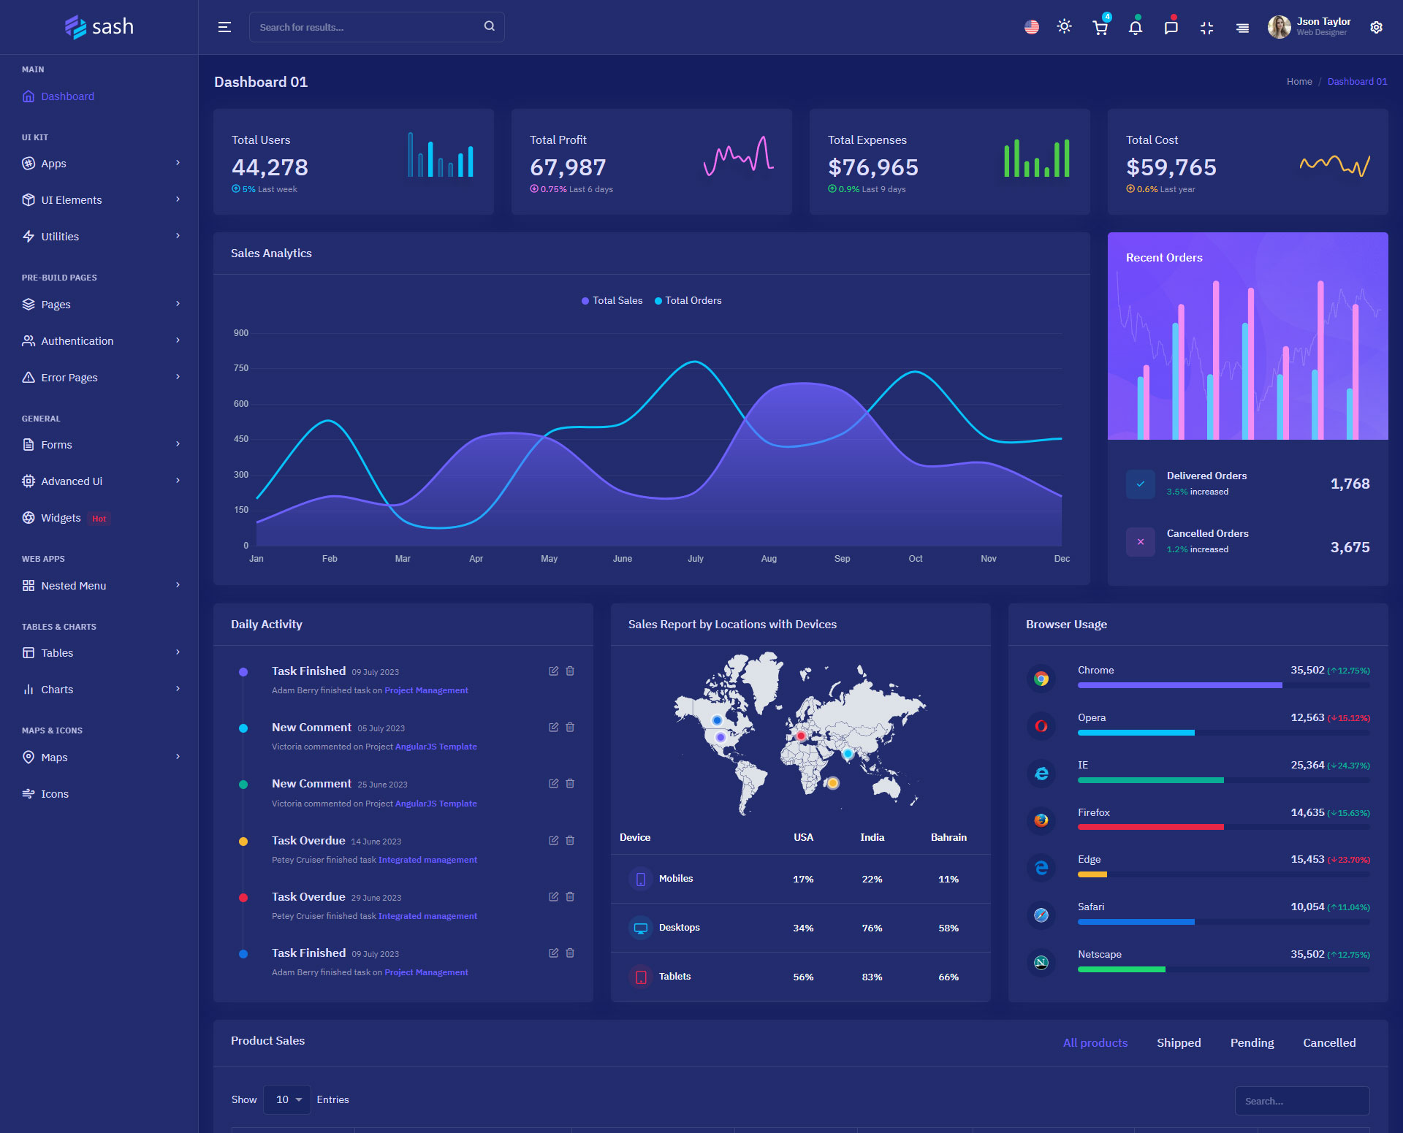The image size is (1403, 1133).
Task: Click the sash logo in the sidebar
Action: coord(99,27)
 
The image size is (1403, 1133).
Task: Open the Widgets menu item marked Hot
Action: coord(61,518)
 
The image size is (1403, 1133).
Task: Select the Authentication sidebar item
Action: coord(77,341)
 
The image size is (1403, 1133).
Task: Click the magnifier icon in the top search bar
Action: coord(489,26)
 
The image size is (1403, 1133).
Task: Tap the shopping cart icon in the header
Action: coord(1100,28)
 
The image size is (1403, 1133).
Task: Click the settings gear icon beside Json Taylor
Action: coord(1376,27)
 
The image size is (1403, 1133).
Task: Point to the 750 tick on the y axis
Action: coord(241,368)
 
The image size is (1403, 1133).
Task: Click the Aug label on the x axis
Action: coord(769,559)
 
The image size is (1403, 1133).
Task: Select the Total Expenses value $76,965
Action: coord(872,167)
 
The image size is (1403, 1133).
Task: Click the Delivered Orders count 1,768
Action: coord(1350,484)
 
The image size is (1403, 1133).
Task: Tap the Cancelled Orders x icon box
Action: coord(1140,542)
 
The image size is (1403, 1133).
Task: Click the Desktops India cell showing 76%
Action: coord(872,928)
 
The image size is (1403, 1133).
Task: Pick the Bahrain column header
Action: coord(948,837)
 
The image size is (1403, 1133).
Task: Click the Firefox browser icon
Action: coord(1041,820)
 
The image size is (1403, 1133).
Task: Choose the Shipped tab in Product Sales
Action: coord(1179,1043)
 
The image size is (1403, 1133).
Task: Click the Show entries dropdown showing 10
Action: coord(287,1099)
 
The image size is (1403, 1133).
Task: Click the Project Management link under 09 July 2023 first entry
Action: coord(426,690)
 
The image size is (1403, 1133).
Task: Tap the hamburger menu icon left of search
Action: coord(224,27)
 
